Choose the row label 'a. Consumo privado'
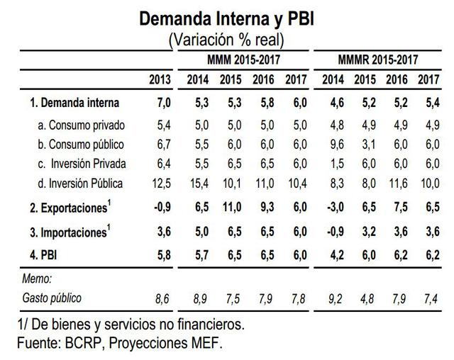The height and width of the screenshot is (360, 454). pyautogui.click(x=82, y=125)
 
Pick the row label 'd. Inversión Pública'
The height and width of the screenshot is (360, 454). pyautogui.click(x=81, y=184)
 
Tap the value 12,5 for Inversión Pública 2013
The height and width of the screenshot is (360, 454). pyautogui.click(x=163, y=184)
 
